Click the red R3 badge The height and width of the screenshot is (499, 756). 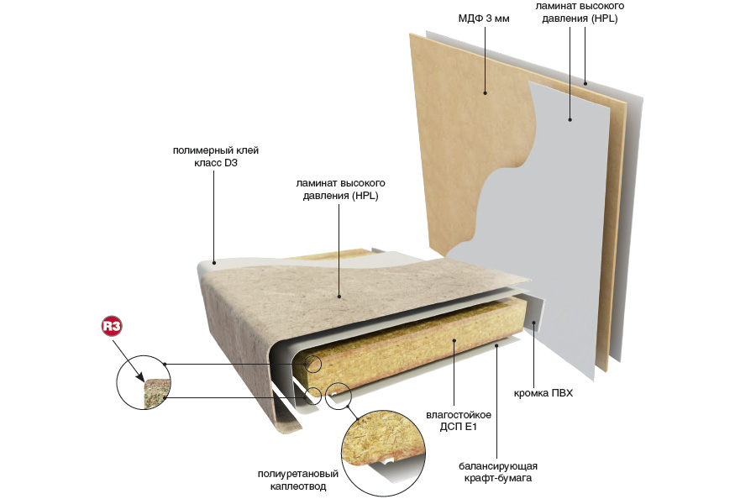pos(112,327)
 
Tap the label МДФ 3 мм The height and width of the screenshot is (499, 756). pos(484,18)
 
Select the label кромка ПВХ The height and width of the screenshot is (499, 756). pos(543,393)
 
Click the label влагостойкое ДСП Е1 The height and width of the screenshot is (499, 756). pos(459,421)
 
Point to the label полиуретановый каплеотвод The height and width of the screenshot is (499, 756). pos(298,481)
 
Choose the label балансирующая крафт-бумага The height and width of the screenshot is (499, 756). pos(498,472)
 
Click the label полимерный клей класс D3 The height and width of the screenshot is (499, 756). pos(216,156)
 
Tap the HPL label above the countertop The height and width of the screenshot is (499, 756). pos(340,190)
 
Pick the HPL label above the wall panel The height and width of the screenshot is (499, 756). pos(580,12)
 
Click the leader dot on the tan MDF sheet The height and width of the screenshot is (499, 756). pos(485,93)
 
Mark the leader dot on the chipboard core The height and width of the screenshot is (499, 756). pos(454,340)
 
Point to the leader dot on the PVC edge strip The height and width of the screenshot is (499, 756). pos(533,323)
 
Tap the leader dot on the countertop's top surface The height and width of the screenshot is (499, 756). pos(339,297)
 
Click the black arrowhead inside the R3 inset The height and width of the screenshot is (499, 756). pos(140,377)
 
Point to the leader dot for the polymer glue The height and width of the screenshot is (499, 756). pos(214,263)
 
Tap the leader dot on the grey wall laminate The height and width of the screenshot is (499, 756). pos(570,119)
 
